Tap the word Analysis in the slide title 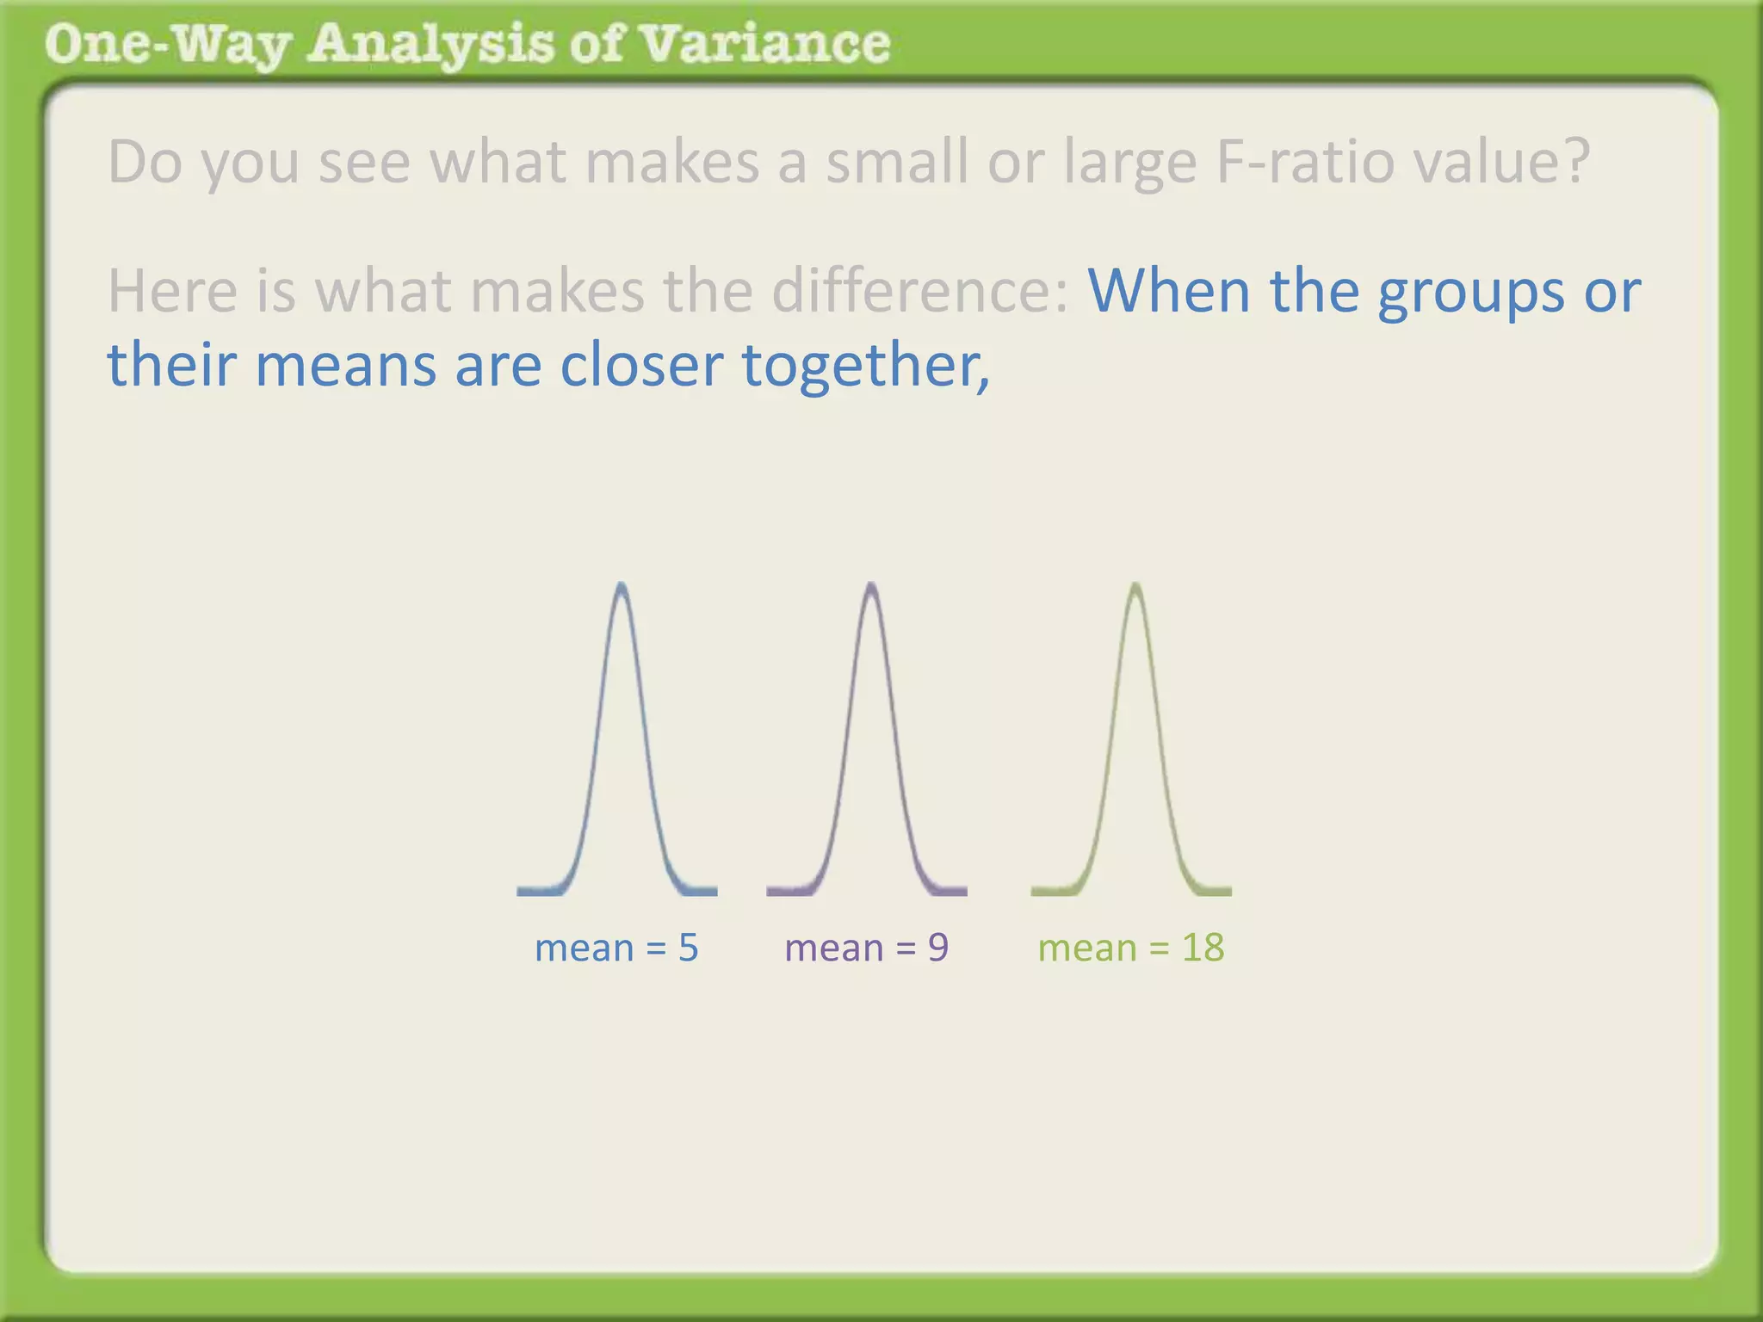click(x=431, y=45)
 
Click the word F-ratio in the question click(x=1305, y=161)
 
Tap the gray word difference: click(x=919, y=290)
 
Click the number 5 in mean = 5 click(x=688, y=948)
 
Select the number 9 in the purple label click(x=937, y=948)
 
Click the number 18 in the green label click(x=1203, y=948)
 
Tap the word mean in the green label click(x=1087, y=948)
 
